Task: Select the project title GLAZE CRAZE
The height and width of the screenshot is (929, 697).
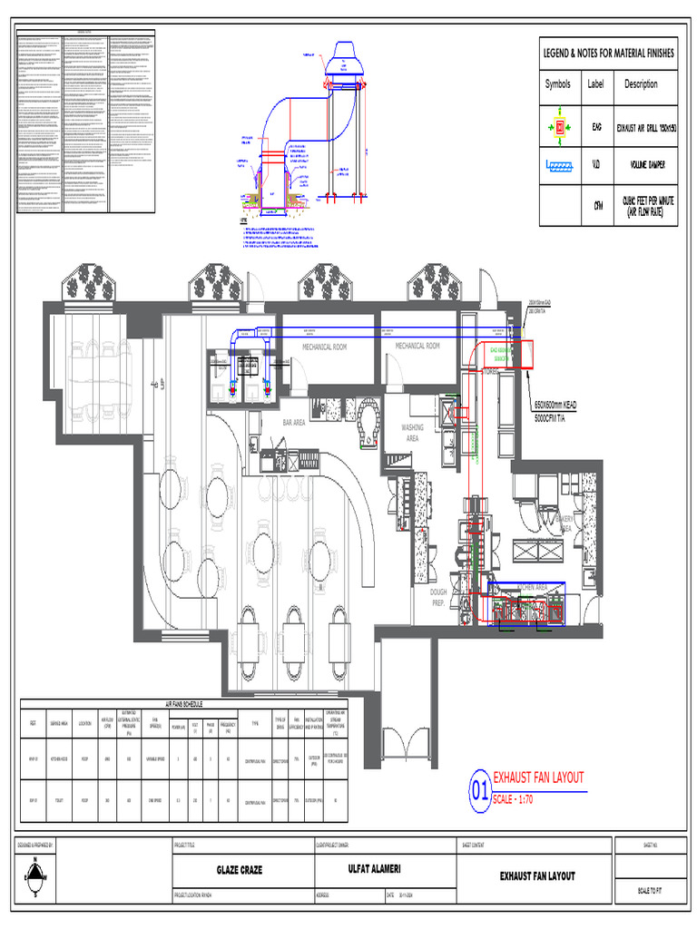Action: (240, 870)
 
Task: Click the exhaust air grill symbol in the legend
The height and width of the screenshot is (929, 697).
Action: (559, 127)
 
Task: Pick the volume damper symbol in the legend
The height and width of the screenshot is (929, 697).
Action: (559, 166)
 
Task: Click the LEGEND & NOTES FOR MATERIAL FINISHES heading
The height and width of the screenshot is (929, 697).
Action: (608, 54)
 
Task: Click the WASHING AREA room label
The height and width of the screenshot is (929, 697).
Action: (412, 433)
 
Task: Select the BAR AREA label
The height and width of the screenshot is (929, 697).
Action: (294, 423)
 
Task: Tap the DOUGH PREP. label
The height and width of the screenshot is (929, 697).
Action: (438, 597)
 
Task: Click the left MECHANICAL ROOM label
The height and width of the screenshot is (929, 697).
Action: (324, 347)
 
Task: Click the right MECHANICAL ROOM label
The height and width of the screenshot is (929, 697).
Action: (417, 346)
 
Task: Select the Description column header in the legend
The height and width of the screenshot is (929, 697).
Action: (641, 84)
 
